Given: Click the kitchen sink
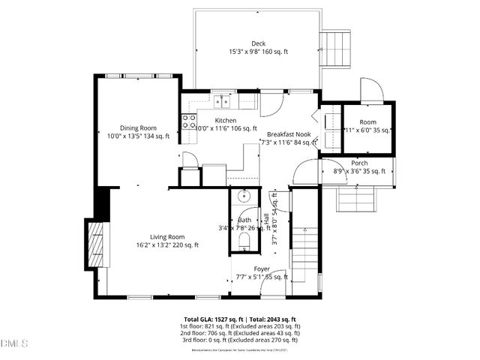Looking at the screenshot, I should coord(221,101).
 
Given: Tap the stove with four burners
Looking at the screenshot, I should coord(188,121).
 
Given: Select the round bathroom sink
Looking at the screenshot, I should coord(244,197).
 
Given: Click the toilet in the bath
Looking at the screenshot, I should coord(244,240).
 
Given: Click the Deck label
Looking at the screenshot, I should coord(258,43).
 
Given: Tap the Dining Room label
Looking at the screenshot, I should coord(138,127).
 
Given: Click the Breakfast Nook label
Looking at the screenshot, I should coord(289,133).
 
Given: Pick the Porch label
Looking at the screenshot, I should coord(360,163).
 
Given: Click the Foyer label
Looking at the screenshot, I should coord(262,268).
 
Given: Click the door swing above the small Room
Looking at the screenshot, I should coord(372,89).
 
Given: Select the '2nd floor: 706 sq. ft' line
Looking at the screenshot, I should coord(240,334).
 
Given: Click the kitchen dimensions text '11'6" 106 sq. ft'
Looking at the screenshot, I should coord(225,129).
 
